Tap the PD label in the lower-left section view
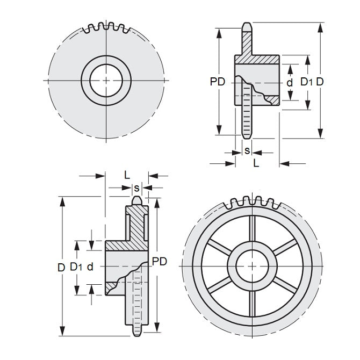(x=160, y=261)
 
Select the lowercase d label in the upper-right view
(x=290, y=82)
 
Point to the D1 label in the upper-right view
(x=306, y=82)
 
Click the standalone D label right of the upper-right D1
(x=320, y=82)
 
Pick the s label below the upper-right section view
(x=247, y=150)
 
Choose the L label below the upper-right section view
(x=256, y=163)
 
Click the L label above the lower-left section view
(x=127, y=175)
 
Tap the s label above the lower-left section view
(x=136, y=188)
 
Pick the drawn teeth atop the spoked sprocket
(x=253, y=203)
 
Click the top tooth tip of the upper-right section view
(x=247, y=25)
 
